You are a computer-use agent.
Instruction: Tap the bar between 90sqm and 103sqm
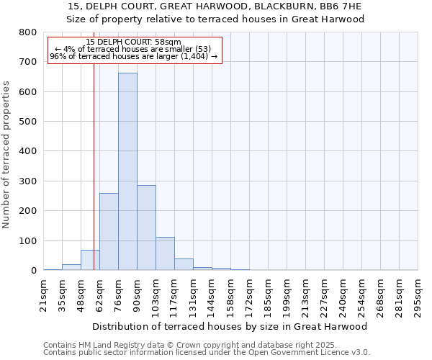(146, 228)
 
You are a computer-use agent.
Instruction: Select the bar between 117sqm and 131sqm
(184, 264)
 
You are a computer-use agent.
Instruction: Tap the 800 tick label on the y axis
(28, 32)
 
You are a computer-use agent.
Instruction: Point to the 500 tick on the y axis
(28, 122)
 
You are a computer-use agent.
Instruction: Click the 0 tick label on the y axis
(33, 271)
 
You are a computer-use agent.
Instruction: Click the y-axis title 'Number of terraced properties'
(6, 154)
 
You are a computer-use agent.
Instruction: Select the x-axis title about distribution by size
(230, 326)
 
